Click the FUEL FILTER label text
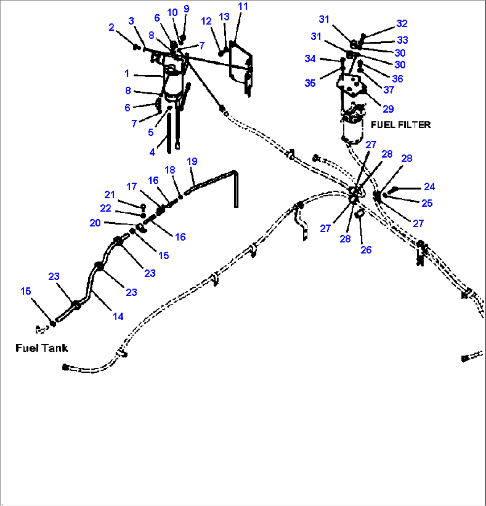pyautogui.click(x=400, y=125)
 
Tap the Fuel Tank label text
pyautogui.click(x=41, y=348)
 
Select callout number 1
pyautogui.click(x=127, y=73)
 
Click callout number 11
pyautogui.click(x=243, y=6)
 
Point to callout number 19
pyautogui.click(x=192, y=161)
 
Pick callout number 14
pyautogui.click(x=118, y=316)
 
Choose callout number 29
pyautogui.click(x=388, y=109)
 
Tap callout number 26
pyautogui.click(x=366, y=250)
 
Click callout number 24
pyautogui.click(x=429, y=187)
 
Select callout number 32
pyautogui.click(x=402, y=23)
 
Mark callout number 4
pyautogui.click(x=152, y=152)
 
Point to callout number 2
pyautogui.click(x=111, y=27)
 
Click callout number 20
pyautogui.click(x=95, y=223)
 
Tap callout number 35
pyautogui.click(x=310, y=83)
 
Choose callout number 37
pyautogui.click(x=389, y=90)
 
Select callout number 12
pyautogui.click(x=206, y=21)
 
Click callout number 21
pyautogui.click(x=110, y=195)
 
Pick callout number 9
pyautogui.click(x=186, y=9)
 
